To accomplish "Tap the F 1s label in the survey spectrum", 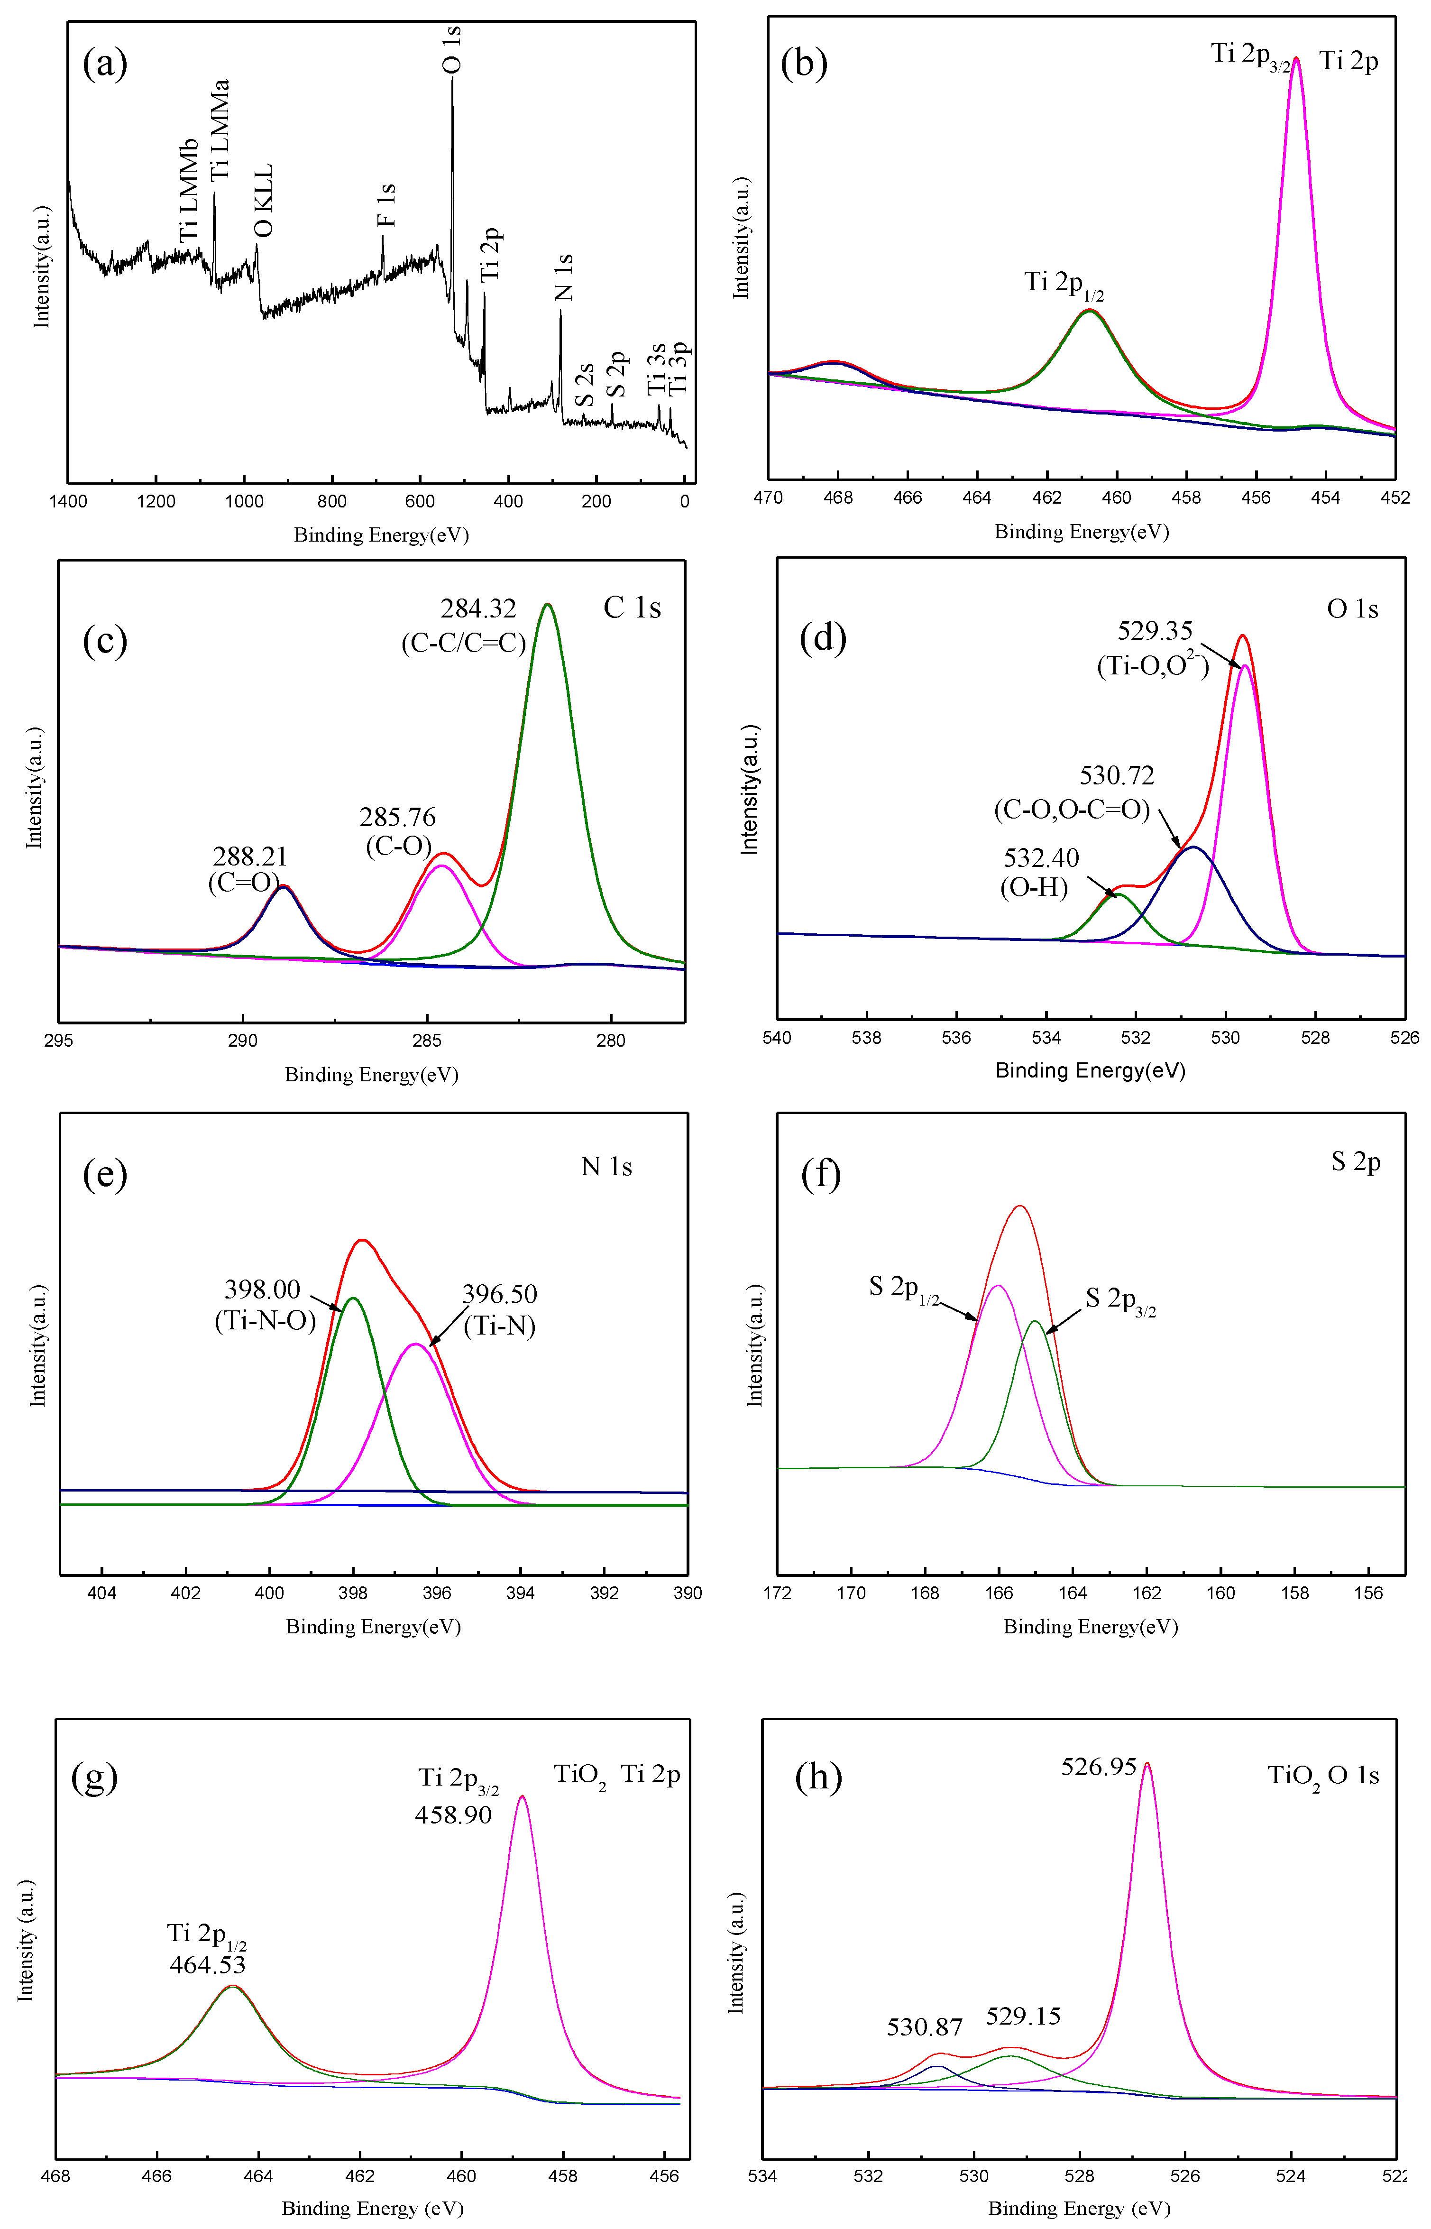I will [x=385, y=205].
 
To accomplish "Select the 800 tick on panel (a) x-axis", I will [x=332, y=502].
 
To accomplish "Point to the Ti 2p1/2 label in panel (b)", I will [x=1064, y=284].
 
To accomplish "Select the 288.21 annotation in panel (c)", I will [x=250, y=856].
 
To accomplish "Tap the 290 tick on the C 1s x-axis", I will [x=242, y=1041].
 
